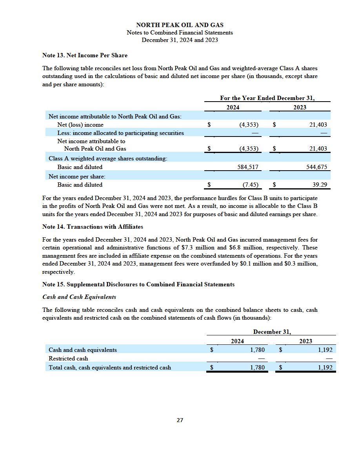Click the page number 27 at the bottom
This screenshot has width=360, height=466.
(180, 420)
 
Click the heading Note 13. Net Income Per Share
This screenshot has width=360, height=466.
(85, 55)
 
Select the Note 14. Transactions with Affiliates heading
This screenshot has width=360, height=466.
(93, 227)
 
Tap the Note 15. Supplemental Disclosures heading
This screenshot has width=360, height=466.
(138, 284)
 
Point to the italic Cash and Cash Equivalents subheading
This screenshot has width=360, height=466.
(79, 297)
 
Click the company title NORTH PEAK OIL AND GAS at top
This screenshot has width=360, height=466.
(180, 25)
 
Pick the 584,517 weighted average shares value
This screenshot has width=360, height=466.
(246, 167)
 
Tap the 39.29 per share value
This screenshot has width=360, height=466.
(320, 185)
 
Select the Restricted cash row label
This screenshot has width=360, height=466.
(68, 359)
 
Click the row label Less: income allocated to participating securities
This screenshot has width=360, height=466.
(120, 133)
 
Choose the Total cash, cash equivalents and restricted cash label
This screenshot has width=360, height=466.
(110, 368)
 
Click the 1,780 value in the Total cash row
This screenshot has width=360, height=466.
(257, 368)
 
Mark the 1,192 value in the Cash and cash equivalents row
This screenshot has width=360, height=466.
(325, 350)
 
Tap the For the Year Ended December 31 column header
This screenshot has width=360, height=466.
(267, 98)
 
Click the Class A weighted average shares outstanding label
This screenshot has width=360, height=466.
(108, 158)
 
